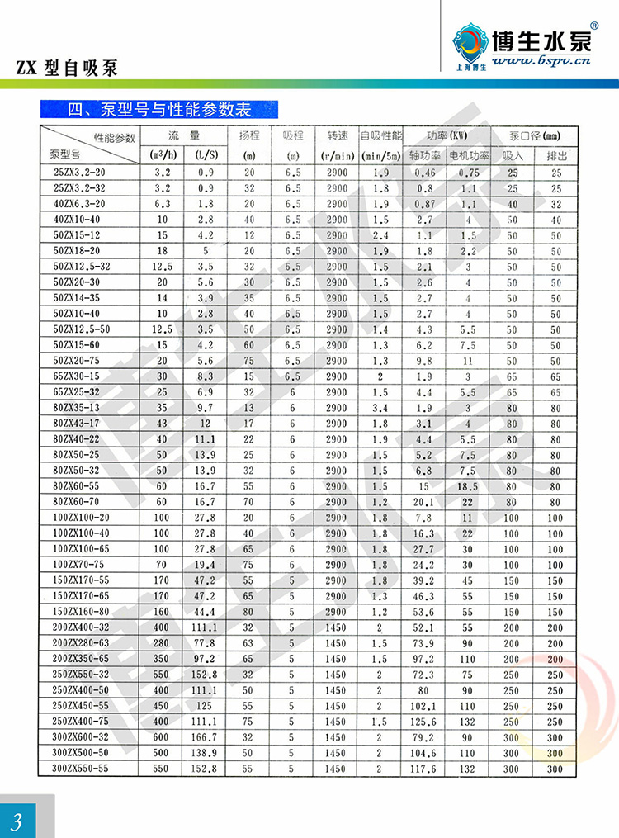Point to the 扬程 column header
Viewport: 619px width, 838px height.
(248, 135)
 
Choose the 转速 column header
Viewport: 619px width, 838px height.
(337, 135)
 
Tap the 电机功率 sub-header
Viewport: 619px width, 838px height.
(469, 154)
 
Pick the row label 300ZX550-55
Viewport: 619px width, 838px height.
(81, 768)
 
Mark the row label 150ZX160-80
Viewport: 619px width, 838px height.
(81, 612)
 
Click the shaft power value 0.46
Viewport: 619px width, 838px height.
(424, 173)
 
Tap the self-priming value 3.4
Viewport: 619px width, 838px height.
(380, 408)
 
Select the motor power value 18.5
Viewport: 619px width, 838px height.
(469, 486)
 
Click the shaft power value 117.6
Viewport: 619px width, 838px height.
(424, 768)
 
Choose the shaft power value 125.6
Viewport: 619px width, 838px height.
(424, 721)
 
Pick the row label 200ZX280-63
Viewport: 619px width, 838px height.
(81, 642)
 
